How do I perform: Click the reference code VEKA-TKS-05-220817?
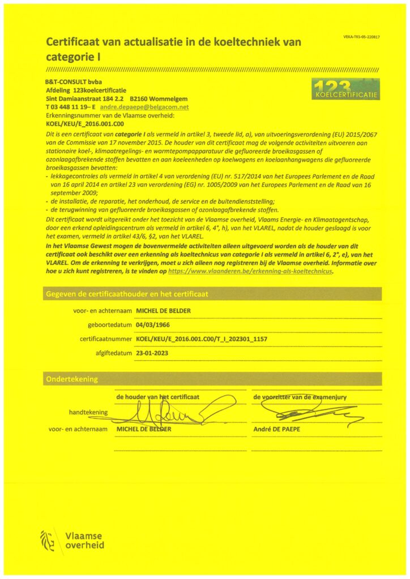[x=361, y=37]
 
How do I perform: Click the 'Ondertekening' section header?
[x=71, y=379]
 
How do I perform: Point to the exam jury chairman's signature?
[x=306, y=413]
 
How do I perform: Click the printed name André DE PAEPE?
[x=276, y=429]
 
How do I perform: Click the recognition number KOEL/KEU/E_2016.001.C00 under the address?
[x=84, y=123]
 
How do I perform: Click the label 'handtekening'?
[x=88, y=412]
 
